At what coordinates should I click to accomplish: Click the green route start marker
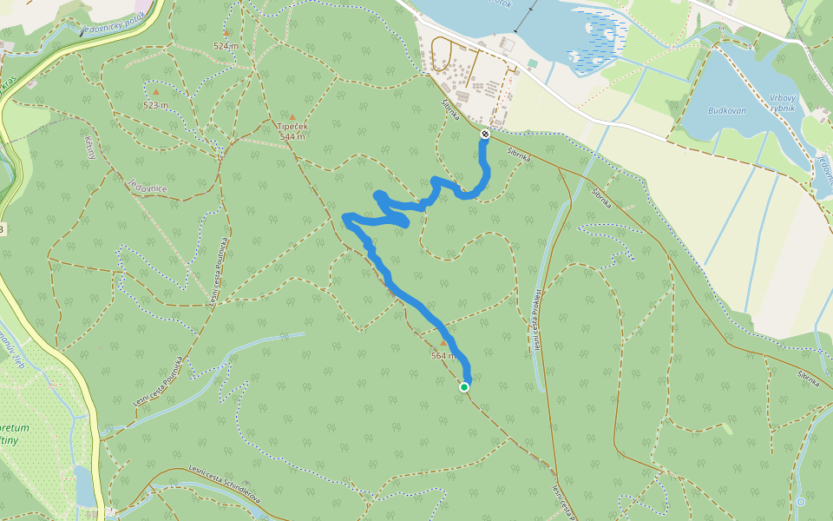(x=464, y=387)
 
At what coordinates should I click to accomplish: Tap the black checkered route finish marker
(x=484, y=134)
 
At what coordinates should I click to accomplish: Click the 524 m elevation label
(x=226, y=45)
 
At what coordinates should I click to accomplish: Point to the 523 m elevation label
(x=156, y=105)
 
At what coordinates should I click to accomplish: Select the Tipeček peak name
(x=292, y=127)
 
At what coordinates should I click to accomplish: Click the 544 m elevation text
(x=292, y=137)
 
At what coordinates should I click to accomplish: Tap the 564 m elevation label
(x=443, y=355)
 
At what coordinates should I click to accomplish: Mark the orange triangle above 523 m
(x=156, y=91)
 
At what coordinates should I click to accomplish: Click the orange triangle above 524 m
(x=226, y=33)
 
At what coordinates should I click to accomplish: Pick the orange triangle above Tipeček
(x=292, y=116)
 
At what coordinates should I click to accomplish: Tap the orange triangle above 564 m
(x=443, y=343)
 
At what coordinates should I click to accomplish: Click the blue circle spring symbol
(x=800, y=502)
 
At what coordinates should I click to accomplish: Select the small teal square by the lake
(x=533, y=64)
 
